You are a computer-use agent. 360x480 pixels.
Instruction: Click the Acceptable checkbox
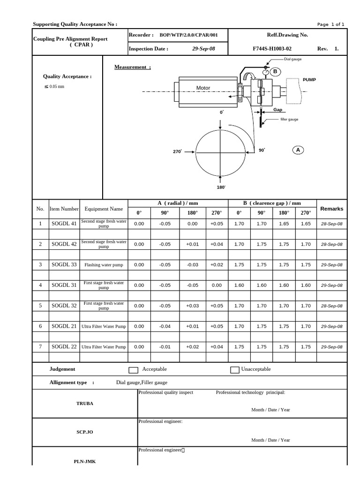[133, 370]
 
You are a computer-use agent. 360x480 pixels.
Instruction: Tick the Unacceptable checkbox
[235, 370]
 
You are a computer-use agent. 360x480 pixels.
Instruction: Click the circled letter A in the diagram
[298, 150]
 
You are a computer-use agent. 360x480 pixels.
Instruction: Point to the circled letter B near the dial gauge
[275, 72]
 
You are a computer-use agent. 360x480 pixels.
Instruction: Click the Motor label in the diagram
[203, 88]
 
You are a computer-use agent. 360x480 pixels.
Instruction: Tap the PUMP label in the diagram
[309, 80]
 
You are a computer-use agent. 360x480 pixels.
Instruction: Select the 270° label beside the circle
[177, 151]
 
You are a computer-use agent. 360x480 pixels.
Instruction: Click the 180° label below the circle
[221, 187]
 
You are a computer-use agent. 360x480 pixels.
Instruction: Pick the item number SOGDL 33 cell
[64, 265]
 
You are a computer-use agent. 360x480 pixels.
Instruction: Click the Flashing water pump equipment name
[104, 265]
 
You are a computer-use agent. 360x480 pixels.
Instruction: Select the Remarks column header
[331, 209]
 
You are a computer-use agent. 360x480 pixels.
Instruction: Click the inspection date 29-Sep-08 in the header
[203, 48]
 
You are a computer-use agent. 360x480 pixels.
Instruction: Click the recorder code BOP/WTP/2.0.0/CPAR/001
[188, 35]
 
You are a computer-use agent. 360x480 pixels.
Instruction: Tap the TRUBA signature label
[84, 403]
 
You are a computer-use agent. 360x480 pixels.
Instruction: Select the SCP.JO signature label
[84, 432]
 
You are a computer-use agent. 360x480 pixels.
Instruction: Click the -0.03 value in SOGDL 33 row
[193, 265]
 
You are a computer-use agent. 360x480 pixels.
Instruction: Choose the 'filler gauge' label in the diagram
[289, 120]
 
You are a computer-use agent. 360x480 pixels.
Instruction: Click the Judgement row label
[62, 369]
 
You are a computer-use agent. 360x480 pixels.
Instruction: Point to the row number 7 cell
[40, 347]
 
